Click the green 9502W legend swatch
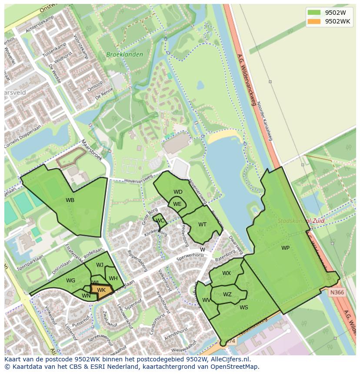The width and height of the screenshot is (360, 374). [x=313, y=12]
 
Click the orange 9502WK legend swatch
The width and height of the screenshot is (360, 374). [x=313, y=21]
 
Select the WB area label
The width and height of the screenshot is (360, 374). [x=70, y=200]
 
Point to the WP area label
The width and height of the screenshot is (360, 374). [x=285, y=248]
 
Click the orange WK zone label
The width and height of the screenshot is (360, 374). [x=101, y=290]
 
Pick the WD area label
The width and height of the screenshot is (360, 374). [x=178, y=192]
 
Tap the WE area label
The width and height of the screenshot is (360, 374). [x=177, y=204]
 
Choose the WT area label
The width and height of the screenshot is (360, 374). [x=202, y=225]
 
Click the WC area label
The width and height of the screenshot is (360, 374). [x=160, y=221]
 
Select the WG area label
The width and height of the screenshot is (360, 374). [x=71, y=281]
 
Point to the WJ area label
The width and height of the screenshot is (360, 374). [x=100, y=265]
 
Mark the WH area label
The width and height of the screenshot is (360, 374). [x=113, y=278]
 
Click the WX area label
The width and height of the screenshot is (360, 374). [x=227, y=273]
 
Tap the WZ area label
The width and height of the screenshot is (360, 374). [x=227, y=295]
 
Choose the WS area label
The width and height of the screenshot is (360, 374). [x=244, y=308]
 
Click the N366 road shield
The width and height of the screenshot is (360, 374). [x=337, y=292]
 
